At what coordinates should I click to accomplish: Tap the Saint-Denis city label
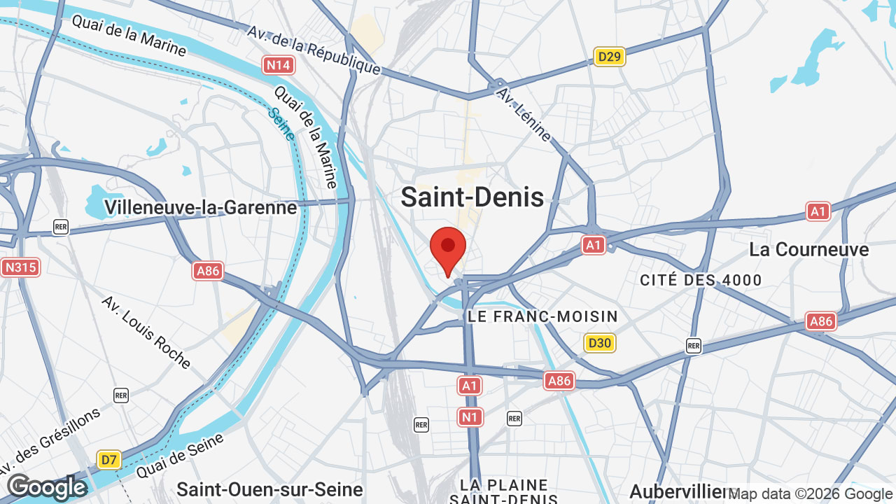472,197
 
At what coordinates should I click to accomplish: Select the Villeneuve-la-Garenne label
201,207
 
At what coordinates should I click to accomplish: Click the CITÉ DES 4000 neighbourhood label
701,281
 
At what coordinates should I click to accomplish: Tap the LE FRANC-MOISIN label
542,316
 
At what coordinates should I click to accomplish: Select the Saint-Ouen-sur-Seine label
269,489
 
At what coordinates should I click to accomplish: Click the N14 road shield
279,66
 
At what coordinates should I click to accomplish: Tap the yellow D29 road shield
609,57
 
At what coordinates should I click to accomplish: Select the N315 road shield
21,267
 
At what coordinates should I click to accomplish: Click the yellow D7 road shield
108,460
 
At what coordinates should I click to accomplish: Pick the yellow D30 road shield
600,343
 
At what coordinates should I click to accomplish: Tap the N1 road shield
470,418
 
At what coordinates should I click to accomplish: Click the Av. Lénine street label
524,114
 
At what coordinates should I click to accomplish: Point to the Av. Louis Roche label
146,332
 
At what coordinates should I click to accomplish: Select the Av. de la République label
313,50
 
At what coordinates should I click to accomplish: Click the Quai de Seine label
180,456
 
